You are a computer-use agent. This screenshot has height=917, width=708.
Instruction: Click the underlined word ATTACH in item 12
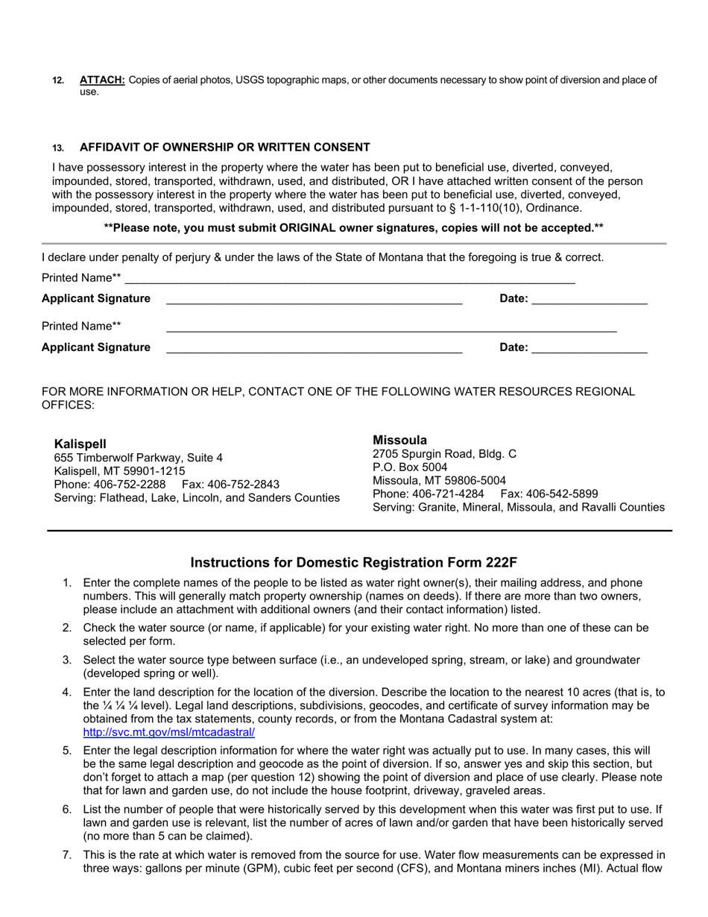(x=102, y=80)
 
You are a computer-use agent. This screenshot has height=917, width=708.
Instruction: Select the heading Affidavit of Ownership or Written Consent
(x=224, y=147)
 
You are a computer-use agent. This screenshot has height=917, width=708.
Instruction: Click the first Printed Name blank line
(x=350, y=279)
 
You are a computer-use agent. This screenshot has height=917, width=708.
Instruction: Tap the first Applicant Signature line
(x=314, y=300)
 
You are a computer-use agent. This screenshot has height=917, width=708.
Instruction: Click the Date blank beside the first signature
(x=590, y=300)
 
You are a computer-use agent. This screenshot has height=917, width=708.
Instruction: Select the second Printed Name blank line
(x=391, y=327)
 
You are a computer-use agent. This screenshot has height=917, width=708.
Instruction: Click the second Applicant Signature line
(x=314, y=348)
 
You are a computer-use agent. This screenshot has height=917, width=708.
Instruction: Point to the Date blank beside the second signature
(x=590, y=348)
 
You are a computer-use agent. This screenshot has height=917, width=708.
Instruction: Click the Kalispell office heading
(x=80, y=444)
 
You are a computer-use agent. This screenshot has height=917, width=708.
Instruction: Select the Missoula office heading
(x=400, y=440)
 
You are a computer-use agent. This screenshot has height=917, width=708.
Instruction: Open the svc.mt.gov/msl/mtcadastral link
(x=168, y=732)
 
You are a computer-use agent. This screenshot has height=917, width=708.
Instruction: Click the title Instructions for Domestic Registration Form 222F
(x=353, y=562)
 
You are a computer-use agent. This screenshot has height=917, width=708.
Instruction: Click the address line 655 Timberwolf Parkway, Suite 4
(x=138, y=458)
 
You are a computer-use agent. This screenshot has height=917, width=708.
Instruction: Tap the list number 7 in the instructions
(x=67, y=855)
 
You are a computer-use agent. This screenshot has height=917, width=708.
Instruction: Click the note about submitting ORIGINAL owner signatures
(x=353, y=227)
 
